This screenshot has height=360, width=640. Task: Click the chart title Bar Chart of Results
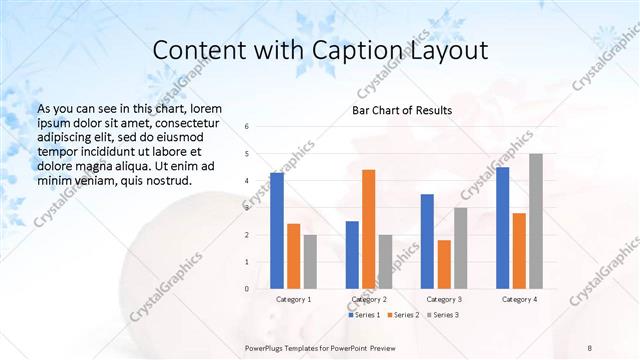tap(401, 110)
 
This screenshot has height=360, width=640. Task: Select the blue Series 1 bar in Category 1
tap(277, 231)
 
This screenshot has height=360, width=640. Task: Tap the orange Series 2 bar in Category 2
tap(368, 229)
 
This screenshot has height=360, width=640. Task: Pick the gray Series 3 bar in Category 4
tap(536, 221)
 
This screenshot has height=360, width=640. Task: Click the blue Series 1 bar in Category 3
tap(427, 241)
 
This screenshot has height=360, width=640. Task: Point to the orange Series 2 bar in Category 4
tap(519, 251)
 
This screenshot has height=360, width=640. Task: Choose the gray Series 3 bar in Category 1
tap(310, 262)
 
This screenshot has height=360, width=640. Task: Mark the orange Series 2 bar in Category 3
tap(444, 264)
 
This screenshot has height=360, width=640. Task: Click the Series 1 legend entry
tap(364, 315)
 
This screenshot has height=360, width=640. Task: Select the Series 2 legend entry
tap(402, 315)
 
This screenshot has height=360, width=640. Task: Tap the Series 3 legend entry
tap(440, 315)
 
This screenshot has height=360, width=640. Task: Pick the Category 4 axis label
tap(519, 299)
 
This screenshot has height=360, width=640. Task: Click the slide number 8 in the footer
tap(590, 347)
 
